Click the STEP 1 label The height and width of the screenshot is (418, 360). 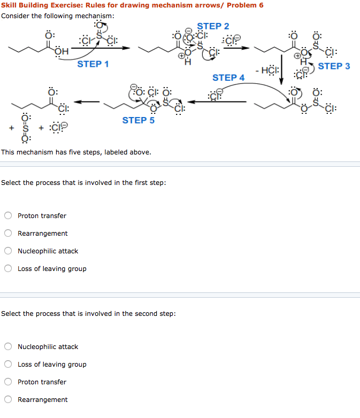point(93,64)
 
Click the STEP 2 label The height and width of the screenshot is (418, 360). point(213,26)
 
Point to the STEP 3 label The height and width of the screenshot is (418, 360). point(334,66)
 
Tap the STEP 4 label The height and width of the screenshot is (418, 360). point(228,78)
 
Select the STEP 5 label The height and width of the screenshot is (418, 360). point(138,120)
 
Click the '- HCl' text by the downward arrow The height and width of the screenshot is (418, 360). point(266,69)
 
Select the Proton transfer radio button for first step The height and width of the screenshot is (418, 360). point(9,216)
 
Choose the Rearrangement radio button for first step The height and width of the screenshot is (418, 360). point(9,234)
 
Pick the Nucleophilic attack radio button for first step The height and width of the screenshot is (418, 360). point(9,251)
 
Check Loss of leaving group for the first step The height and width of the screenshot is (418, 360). point(9,269)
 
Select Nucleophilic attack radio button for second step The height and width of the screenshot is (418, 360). point(9,347)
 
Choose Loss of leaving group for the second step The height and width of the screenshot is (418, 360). point(9,365)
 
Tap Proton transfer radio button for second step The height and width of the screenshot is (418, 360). point(9,382)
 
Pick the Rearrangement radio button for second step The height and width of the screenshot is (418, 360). point(9,400)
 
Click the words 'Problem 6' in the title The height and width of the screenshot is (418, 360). point(245,5)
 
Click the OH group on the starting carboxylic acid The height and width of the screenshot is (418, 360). point(62,52)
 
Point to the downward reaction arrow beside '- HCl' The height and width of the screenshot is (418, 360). point(282,69)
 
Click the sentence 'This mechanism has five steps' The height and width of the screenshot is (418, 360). point(76,152)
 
